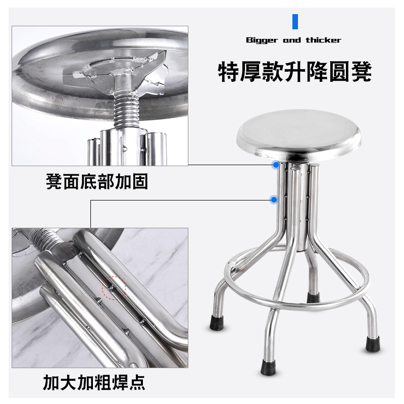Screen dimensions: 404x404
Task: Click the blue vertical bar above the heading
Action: coord(295,22)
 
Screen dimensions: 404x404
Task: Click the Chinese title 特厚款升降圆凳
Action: coord(295,72)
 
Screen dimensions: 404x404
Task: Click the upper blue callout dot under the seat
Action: coord(275,165)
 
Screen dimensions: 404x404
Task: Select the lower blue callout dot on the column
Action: coord(273,200)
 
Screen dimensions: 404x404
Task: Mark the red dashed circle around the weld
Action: coord(114,288)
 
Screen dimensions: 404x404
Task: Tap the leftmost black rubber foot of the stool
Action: coord(218,321)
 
